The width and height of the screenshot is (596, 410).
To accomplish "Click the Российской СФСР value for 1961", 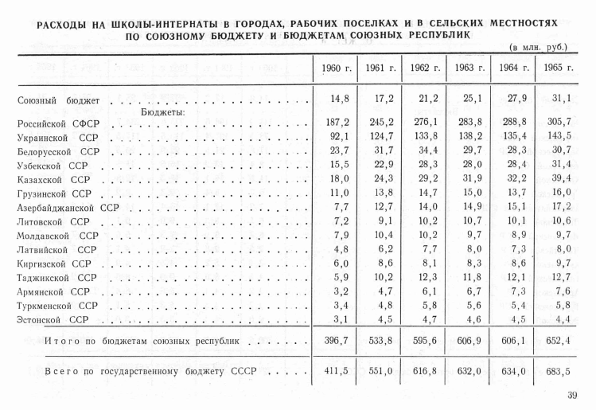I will pyautogui.click(x=380, y=123).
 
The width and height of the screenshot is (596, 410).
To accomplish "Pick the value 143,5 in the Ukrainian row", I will pyautogui.click(x=559, y=137).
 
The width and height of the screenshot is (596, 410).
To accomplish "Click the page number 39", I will pyautogui.click(x=572, y=396).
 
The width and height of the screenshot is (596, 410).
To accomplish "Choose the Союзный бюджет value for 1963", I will pyautogui.click(x=469, y=99).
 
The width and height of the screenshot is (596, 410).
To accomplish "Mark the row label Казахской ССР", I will pyautogui.click(x=54, y=180).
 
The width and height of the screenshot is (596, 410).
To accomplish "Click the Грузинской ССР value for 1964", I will pyautogui.click(x=514, y=193).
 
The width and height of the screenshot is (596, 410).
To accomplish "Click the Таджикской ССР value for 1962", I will pyautogui.click(x=425, y=277).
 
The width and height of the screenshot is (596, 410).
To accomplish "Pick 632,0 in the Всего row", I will pyautogui.click(x=469, y=370).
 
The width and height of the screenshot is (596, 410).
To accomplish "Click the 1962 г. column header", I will pyautogui.click(x=425, y=68).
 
